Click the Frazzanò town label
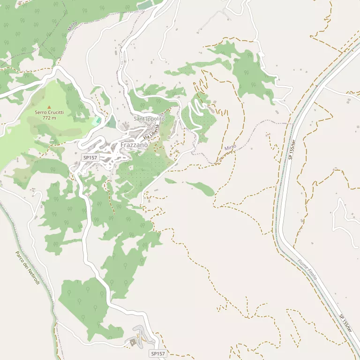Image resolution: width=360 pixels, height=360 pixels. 134,145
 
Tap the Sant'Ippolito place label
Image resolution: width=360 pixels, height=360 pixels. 149,119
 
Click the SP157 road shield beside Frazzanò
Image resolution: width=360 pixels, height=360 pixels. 90,157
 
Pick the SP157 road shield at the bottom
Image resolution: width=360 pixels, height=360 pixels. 158,353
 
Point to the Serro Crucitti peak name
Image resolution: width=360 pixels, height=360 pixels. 49,112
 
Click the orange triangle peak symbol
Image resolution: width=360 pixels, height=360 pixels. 49,107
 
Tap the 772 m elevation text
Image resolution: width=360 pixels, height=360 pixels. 49,118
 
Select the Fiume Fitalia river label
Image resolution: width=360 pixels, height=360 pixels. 307,270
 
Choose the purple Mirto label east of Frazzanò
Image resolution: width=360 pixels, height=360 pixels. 230,148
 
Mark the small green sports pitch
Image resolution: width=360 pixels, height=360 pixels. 97,121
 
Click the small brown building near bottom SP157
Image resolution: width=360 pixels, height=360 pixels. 133,342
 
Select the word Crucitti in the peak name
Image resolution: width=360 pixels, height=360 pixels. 55,112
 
